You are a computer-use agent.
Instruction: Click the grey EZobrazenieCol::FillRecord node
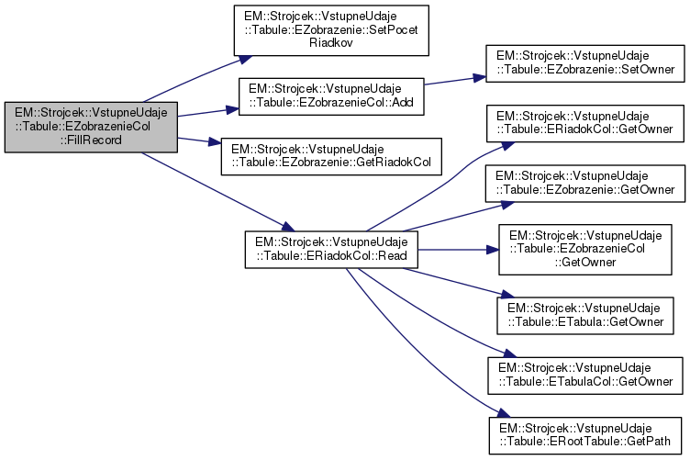[x=89, y=127]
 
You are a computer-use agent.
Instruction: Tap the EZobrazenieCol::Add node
[x=330, y=96]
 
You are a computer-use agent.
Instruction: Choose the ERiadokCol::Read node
[x=330, y=249]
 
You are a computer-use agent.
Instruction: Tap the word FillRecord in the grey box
[x=89, y=140]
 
